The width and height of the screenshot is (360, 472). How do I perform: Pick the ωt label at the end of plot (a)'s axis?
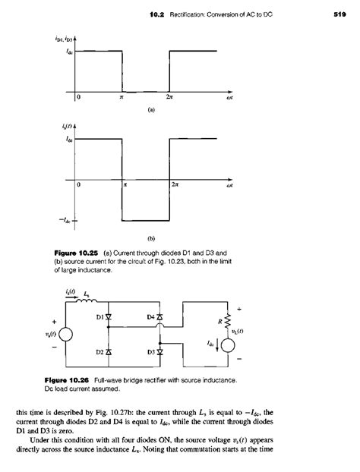[218, 98]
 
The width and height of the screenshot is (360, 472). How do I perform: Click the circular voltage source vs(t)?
[65, 333]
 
